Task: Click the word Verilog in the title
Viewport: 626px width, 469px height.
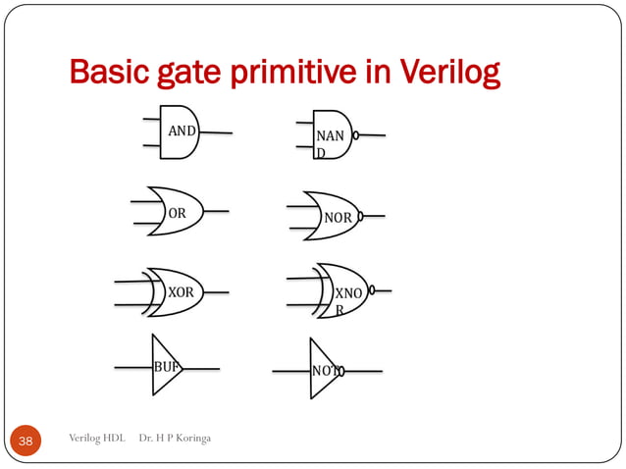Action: (450, 74)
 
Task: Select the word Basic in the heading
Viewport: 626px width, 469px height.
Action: (106, 74)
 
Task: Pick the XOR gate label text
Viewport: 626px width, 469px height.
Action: (181, 292)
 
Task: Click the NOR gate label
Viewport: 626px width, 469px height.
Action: (339, 216)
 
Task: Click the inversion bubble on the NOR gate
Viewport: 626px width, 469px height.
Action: (362, 215)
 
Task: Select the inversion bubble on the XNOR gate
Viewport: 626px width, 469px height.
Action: (372, 290)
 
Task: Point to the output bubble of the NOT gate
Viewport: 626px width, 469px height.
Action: (340, 372)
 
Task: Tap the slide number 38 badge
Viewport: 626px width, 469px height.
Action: (26, 442)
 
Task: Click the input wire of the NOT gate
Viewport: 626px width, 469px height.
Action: (290, 372)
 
